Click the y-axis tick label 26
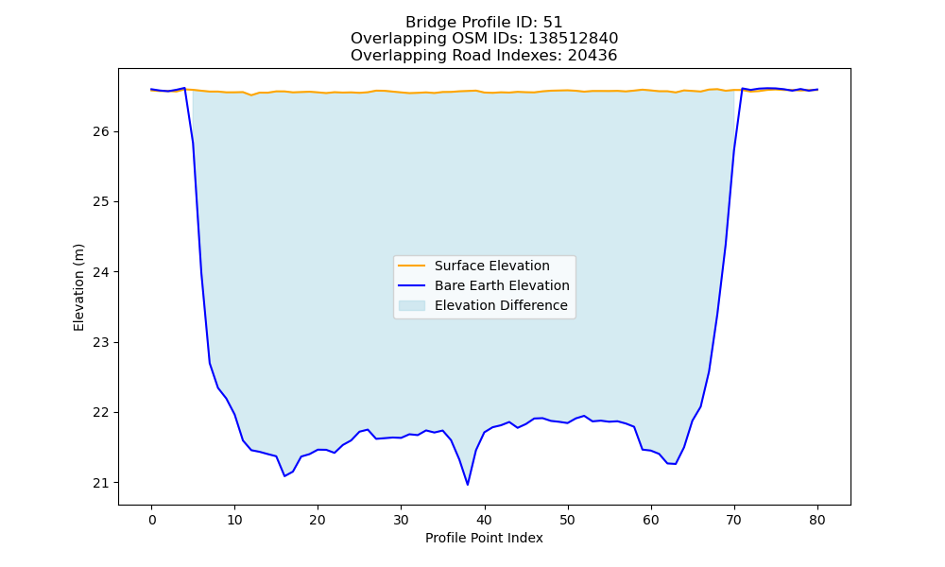pos(101,132)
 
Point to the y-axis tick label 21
pos(101,483)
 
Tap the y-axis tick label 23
pos(101,343)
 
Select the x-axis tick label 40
pos(485,521)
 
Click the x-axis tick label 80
pos(817,521)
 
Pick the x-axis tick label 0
pos(152,521)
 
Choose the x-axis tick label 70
pos(734,521)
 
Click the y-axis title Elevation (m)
pos(79,287)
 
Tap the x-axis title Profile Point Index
pos(484,538)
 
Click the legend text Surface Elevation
pos(491,266)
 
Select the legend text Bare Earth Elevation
pos(502,285)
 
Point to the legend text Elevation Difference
pos(501,305)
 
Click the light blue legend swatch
pos(412,305)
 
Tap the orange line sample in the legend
pos(412,266)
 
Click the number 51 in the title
pos(553,23)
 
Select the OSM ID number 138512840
pos(574,39)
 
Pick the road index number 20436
pos(593,56)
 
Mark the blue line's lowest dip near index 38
pos(468,485)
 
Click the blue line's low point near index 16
pos(284,476)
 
